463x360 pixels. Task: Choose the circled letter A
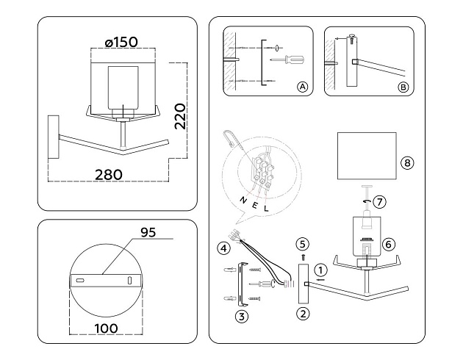pyautogui.click(x=301, y=87)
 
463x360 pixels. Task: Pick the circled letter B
pyautogui.click(x=402, y=87)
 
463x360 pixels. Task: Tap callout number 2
pyautogui.click(x=302, y=314)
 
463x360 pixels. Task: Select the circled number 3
pyautogui.click(x=240, y=317)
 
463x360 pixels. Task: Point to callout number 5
pyautogui.click(x=302, y=243)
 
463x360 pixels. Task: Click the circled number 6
pyautogui.click(x=390, y=243)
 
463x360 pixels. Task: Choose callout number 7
pyautogui.click(x=379, y=201)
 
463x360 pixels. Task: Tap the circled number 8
pyautogui.click(x=407, y=162)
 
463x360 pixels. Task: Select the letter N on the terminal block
pyautogui.click(x=240, y=200)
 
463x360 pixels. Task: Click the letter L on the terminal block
pyautogui.click(x=266, y=209)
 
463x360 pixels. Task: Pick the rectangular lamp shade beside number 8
pyautogui.click(x=365, y=155)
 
